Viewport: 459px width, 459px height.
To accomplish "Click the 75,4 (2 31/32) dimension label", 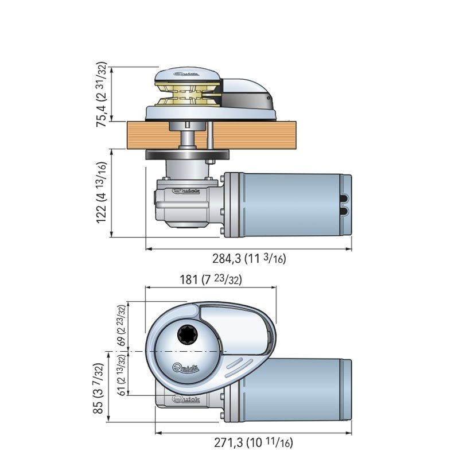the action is click(x=102, y=94).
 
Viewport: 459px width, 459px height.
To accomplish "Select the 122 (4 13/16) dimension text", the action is click(x=102, y=193).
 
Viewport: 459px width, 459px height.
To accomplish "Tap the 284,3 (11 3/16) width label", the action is click(x=249, y=259).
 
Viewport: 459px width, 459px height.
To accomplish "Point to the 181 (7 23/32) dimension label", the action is click(x=211, y=279).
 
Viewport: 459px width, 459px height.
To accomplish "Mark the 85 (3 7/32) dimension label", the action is click(x=98, y=388).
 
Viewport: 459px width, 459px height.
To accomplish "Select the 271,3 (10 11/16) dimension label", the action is click(x=254, y=442).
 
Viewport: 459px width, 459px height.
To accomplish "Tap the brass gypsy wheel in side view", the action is click(x=188, y=95).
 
